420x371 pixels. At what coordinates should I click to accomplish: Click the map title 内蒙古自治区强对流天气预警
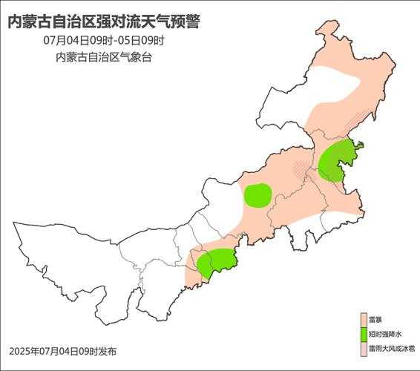pos(103,22)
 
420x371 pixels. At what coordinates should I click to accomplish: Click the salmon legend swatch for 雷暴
pos(363,320)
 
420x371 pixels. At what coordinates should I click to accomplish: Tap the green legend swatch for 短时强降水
pos(363,334)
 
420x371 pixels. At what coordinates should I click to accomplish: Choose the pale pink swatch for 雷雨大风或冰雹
pos(363,347)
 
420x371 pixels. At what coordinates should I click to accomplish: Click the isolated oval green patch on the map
pos(257,195)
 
